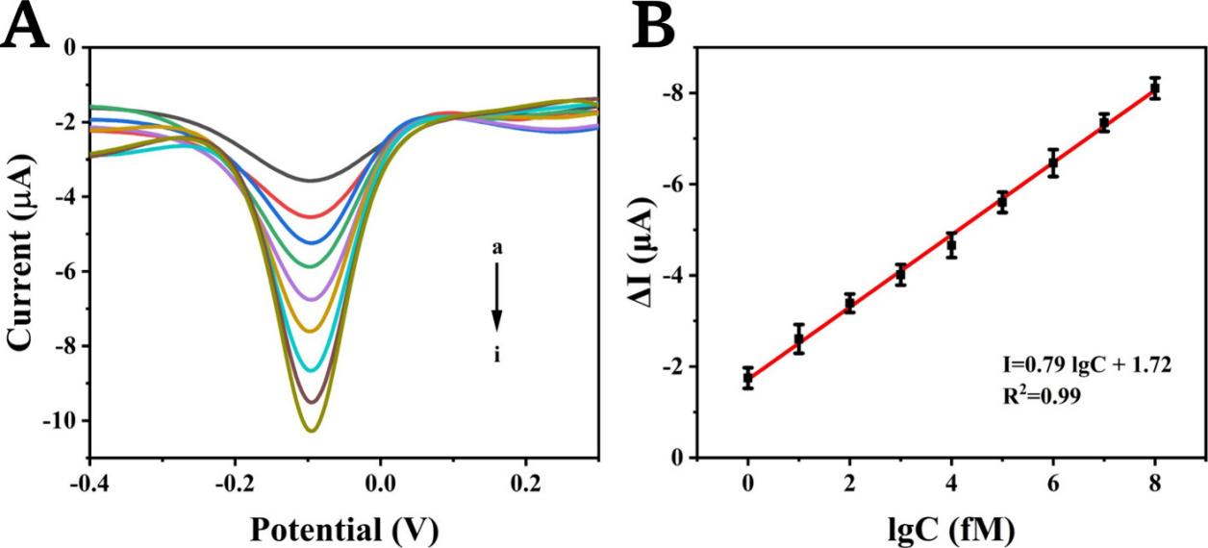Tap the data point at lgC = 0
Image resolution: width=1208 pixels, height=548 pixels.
coord(747,378)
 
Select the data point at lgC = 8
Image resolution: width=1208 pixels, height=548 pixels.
coord(1155,88)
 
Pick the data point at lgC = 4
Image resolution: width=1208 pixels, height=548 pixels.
coord(951,246)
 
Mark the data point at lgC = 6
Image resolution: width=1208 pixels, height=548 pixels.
coord(1053,162)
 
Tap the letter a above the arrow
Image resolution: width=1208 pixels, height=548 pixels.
coord(497,248)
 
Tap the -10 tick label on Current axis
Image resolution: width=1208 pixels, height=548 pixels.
coord(60,421)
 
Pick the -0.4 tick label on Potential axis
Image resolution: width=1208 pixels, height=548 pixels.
coord(88,481)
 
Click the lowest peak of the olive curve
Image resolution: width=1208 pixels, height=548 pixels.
coord(312,431)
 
